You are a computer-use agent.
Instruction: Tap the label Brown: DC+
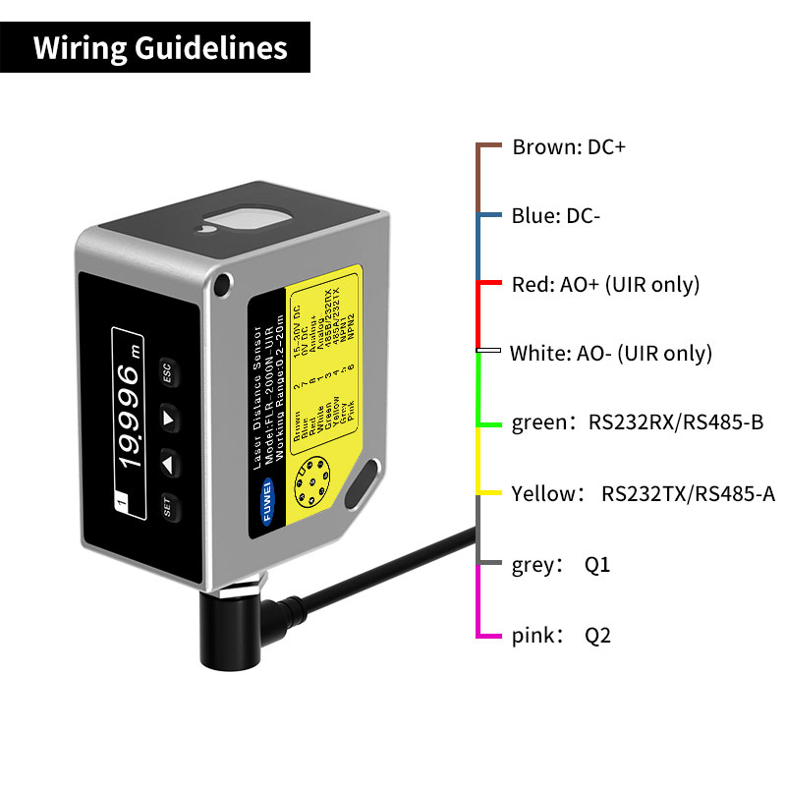569,147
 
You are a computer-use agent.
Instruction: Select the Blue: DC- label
556,216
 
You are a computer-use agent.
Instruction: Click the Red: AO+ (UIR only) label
605,285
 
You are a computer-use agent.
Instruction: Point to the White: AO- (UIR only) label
610,354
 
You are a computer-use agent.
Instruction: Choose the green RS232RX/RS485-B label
638,423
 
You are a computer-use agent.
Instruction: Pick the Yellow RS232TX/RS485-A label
643,493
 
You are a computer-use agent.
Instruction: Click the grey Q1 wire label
561,565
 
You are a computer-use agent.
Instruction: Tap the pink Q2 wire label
561,636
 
